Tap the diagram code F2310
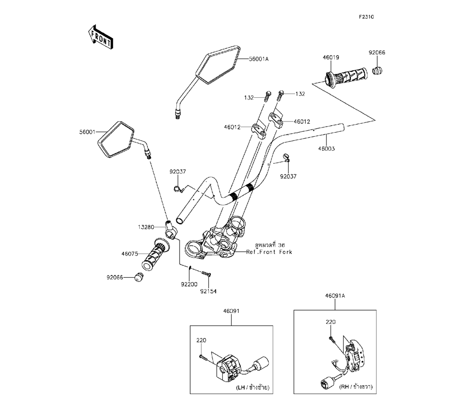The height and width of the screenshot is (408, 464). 366,17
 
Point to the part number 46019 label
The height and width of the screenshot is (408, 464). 331,58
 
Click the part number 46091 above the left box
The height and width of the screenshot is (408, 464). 231,312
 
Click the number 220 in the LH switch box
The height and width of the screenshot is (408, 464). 201,341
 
